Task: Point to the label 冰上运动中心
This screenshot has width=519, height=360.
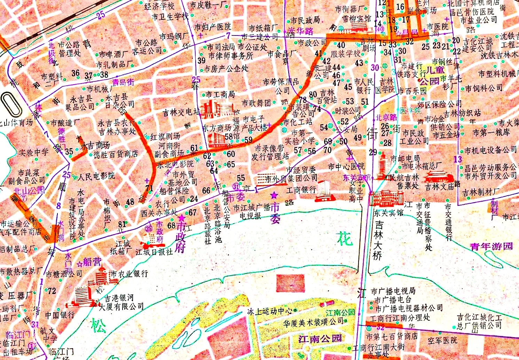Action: pos(270,311)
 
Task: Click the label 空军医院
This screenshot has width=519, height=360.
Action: pos(442,340)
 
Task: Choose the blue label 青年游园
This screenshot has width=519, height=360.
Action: pos(491,246)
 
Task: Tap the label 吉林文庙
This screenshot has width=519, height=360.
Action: pos(440,187)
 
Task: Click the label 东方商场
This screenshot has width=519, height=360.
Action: pos(217,128)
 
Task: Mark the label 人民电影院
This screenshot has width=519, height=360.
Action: pos(96,176)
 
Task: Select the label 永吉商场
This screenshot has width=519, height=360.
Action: pos(95,145)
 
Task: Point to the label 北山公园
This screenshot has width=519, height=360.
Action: pos(29,190)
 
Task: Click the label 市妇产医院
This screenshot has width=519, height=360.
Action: pos(212,27)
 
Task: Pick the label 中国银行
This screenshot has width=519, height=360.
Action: pos(60,315)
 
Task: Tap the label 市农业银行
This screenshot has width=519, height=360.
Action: pos(129,274)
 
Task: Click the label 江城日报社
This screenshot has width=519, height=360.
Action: pos(154,252)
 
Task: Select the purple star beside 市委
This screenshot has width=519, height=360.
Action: pos(274,195)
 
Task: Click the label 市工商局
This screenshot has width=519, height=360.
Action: pos(220,94)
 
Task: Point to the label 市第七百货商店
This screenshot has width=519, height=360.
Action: pos(392,336)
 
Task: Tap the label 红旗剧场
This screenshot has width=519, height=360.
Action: pos(165,136)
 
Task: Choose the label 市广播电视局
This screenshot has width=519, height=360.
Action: pos(393,291)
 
